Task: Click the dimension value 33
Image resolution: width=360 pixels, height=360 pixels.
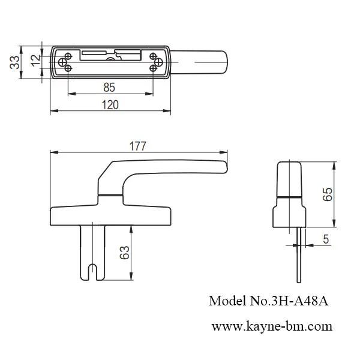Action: click(x=14, y=62)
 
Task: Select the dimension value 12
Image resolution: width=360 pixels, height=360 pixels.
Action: click(x=35, y=59)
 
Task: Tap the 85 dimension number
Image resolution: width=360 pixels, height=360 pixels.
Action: click(x=109, y=88)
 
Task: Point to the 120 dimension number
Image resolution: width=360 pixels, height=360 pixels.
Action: click(x=109, y=104)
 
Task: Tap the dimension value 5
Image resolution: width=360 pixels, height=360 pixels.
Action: click(x=325, y=239)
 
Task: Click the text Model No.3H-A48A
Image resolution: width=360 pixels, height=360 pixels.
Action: click(x=268, y=301)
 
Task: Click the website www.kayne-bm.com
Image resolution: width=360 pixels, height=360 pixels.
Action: click(x=271, y=326)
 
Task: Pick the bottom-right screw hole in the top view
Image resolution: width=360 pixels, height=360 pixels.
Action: click(x=155, y=67)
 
